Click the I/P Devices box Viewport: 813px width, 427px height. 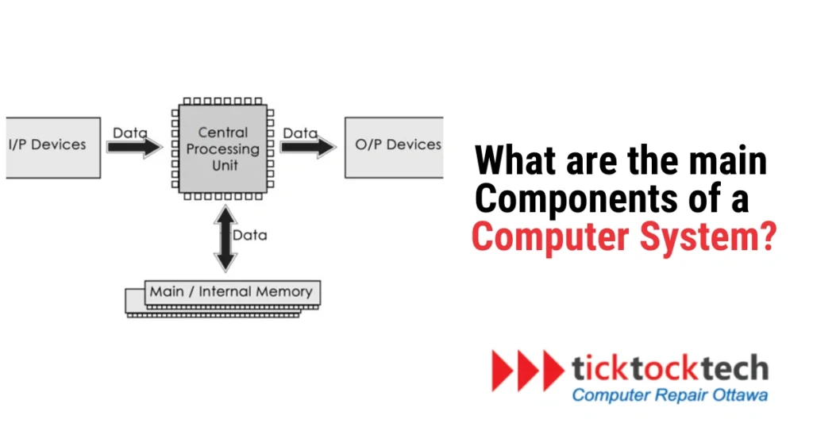(51, 148)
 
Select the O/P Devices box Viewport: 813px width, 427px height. (393, 148)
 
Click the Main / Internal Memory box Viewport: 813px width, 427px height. (231, 293)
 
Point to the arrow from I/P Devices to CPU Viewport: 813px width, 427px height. (134, 148)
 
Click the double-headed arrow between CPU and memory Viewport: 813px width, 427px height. (225, 237)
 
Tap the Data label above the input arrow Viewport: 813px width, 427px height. (130, 133)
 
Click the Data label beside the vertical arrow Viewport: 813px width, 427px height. (250, 235)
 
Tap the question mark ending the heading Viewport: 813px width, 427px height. (766, 236)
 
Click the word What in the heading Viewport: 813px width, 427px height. (511, 162)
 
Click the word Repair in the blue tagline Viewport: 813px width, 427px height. (674, 394)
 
